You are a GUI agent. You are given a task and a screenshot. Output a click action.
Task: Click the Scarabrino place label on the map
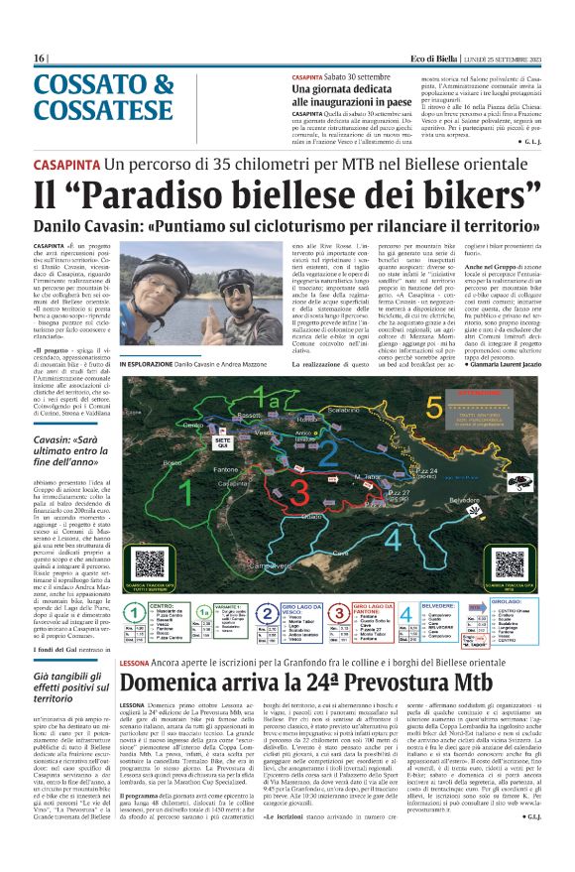coord(342,408)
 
